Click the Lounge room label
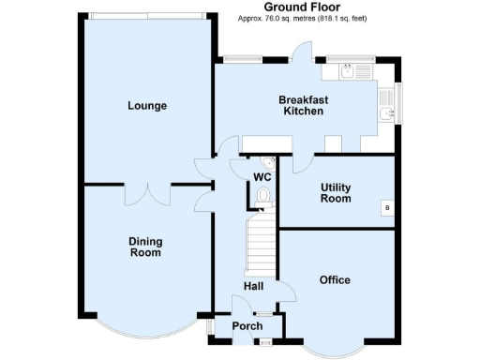tap(147, 106)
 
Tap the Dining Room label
tap(145, 247)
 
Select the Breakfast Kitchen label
tap(303, 105)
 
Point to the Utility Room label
tap(335, 193)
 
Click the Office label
tap(335, 280)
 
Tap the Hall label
tap(254, 287)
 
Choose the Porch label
tap(247, 326)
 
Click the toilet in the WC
tap(264, 196)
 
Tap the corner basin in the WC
tap(269, 162)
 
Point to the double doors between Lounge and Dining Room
tap(147, 192)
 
